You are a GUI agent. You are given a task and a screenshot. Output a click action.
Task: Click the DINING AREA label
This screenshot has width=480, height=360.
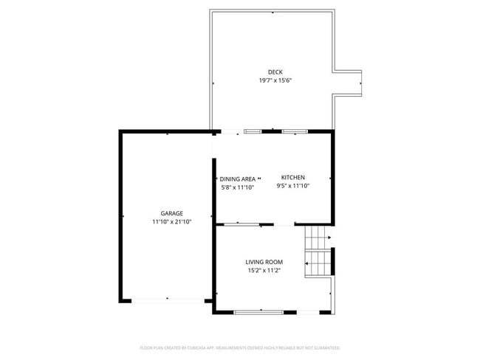[238, 179]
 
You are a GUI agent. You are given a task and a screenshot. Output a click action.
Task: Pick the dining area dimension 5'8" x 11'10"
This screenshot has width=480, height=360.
[238, 187]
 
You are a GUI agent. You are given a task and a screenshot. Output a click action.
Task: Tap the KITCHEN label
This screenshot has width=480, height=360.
[292, 177]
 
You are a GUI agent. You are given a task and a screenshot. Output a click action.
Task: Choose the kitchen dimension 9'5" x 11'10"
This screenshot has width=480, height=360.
[292, 186]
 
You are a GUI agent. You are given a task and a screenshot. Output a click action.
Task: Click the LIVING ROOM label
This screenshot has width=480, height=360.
[264, 262]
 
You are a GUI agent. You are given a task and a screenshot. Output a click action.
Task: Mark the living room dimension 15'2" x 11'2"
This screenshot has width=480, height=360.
[264, 271]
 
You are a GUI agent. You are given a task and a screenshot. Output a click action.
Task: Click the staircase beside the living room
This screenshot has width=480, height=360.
[318, 251]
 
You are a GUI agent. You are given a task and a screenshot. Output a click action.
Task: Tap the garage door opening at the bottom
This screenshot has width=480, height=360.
[167, 300]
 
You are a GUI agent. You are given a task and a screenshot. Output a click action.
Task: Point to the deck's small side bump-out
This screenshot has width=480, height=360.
[348, 83]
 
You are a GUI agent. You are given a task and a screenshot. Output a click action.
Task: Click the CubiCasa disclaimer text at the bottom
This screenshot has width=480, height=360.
[240, 347]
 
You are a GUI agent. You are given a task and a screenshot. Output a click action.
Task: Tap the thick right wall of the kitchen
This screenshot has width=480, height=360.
[332, 177]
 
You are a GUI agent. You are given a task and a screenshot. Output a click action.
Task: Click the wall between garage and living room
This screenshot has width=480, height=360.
[214, 266]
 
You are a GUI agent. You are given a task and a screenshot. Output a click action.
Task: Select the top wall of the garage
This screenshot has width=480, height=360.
[167, 132]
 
